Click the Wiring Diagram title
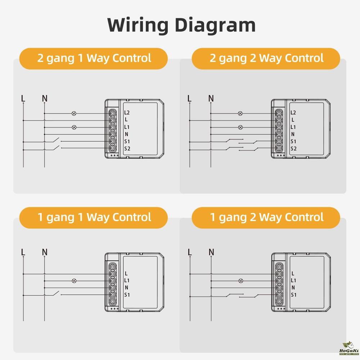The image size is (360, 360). coord(181,25)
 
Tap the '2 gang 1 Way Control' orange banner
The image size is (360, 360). coord(94,58)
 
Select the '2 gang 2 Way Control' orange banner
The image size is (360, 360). coord(266,58)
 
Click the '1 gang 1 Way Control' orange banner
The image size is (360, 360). coord(94,217)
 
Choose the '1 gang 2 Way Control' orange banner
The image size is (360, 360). coord(266,217)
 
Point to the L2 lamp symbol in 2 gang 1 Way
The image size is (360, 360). coord(74,113)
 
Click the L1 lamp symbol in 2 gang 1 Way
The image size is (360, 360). coord(74,127)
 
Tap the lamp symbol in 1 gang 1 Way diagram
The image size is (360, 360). coord(74,280)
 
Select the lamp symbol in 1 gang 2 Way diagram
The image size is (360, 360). coord(240,280)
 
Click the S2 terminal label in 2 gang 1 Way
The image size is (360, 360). coord(127,149)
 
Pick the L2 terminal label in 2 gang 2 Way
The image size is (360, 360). coord(293,113)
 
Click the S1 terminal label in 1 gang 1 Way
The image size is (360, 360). coord(127,295)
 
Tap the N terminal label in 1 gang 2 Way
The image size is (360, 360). coord(293,288)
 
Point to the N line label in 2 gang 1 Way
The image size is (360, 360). coord(45,98)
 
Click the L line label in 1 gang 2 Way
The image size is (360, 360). coord(190,252)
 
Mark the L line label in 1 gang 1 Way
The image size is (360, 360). coord(23,252)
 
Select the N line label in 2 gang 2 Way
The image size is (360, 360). coord(211,98)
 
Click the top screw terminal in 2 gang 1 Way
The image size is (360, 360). coord(112,113)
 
